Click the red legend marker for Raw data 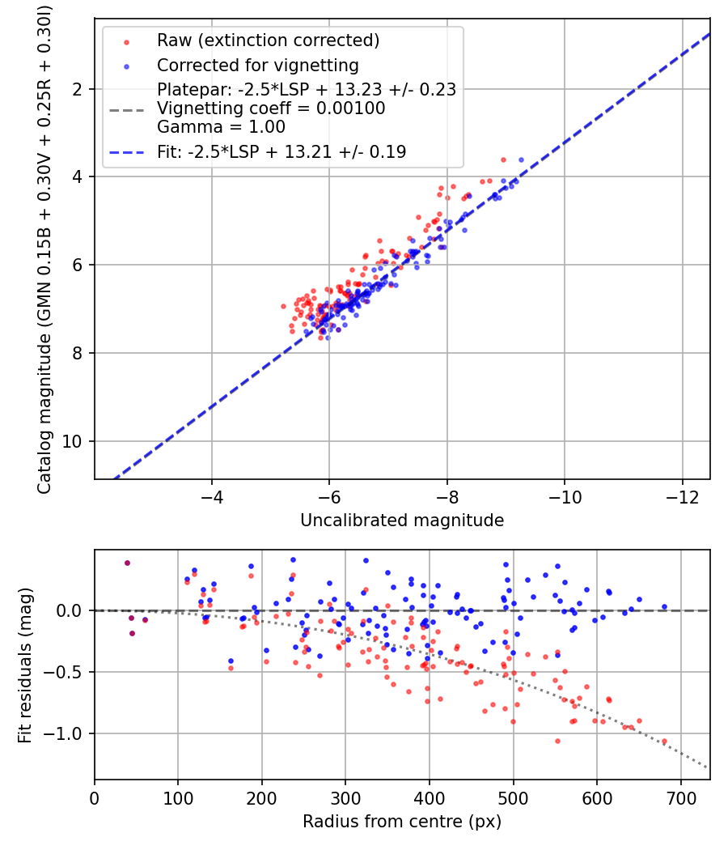127,42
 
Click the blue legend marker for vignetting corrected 127,66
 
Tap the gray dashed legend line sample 127,110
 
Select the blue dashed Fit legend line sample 127,153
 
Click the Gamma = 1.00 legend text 221,127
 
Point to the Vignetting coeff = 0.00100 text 271,108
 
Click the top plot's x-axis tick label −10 565,497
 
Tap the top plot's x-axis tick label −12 683,497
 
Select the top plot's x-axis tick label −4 211,497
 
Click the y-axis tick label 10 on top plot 72,442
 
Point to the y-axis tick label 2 78,89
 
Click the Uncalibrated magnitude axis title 402,521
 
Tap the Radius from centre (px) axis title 402,822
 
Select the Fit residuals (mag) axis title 25,665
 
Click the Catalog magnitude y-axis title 44,250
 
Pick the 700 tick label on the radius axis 681,798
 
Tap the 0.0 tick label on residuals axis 70,611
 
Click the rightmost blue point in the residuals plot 665,607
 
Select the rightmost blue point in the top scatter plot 521,160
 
